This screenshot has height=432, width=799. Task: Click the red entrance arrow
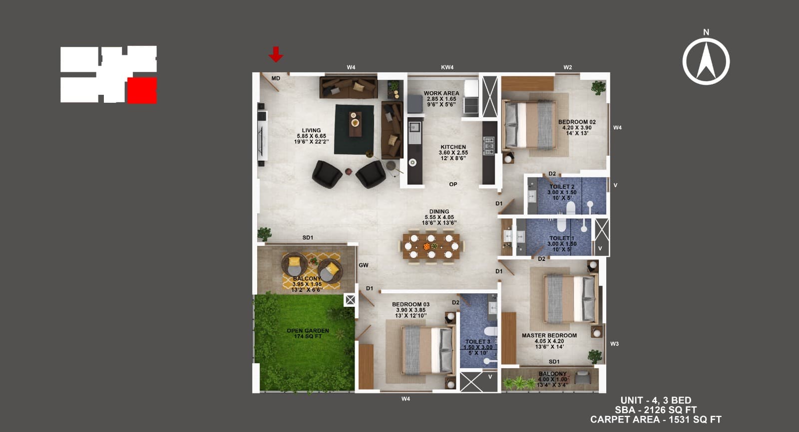click(x=276, y=54)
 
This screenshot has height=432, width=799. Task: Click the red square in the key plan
click(x=142, y=90)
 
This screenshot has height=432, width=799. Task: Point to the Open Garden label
click(x=308, y=333)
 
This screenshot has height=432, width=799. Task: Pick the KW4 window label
click(x=447, y=67)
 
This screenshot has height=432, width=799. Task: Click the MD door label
click(x=276, y=78)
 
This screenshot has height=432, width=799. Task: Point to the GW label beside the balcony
click(x=364, y=265)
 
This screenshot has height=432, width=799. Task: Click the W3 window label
click(x=614, y=344)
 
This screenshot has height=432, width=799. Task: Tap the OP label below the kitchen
click(x=453, y=184)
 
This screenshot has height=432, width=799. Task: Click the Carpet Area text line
click(x=655, y=420)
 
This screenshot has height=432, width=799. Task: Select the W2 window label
click(x=567, y=67)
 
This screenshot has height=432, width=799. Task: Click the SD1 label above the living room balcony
click(x=308, y=238)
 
